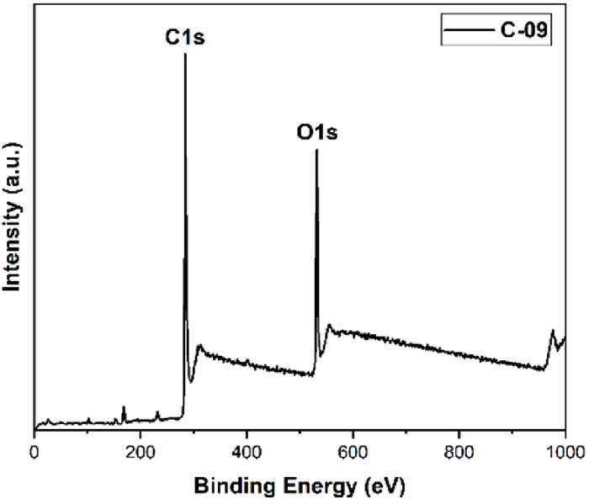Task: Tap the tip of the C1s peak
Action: (185, 55)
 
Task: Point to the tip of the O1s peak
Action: (316, 151)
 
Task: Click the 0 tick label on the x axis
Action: (34, 449)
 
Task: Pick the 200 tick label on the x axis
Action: (140, 449)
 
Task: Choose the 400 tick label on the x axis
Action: (247, 449)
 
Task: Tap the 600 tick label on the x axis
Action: (353, 449)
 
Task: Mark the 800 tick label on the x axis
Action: (459, 449)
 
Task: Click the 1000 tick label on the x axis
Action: (563, 449)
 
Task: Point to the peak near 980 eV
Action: (553, 331)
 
